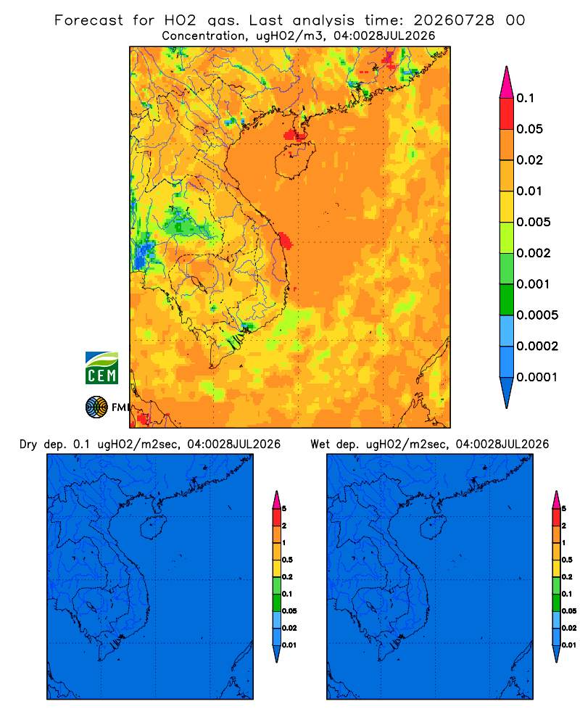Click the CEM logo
101,368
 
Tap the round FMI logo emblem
96,407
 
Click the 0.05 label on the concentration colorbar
529,129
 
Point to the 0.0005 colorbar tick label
537,315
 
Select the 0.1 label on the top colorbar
525,98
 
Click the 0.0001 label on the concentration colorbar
537,377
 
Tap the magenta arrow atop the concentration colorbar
507,82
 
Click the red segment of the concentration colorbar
507,113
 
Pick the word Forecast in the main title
88,20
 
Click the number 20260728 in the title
454,20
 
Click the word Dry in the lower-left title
28,444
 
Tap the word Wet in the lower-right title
320,444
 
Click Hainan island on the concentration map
295,159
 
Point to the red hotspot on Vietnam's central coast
285,241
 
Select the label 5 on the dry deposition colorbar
284,509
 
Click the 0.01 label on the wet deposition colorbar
569,645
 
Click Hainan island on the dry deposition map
154,527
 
